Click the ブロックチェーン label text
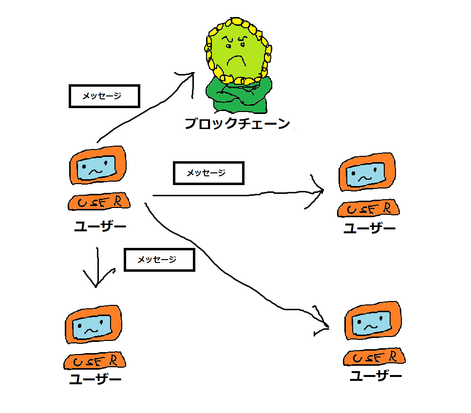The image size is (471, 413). pos(237,124)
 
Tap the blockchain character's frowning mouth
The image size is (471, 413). pos(238,61)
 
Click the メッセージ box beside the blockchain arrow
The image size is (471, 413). pos(104,96)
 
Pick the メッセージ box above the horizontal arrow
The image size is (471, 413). pos(208,173)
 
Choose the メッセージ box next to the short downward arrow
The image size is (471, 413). pos(159,260)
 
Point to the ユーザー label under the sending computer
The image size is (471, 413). pos(99,226)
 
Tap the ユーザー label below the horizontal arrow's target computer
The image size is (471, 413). pos(369,228)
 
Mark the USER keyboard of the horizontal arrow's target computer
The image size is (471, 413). pos(368,209)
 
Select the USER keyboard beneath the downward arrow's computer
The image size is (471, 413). pos(94,361)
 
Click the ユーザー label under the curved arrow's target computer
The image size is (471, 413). pos(376,376)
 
